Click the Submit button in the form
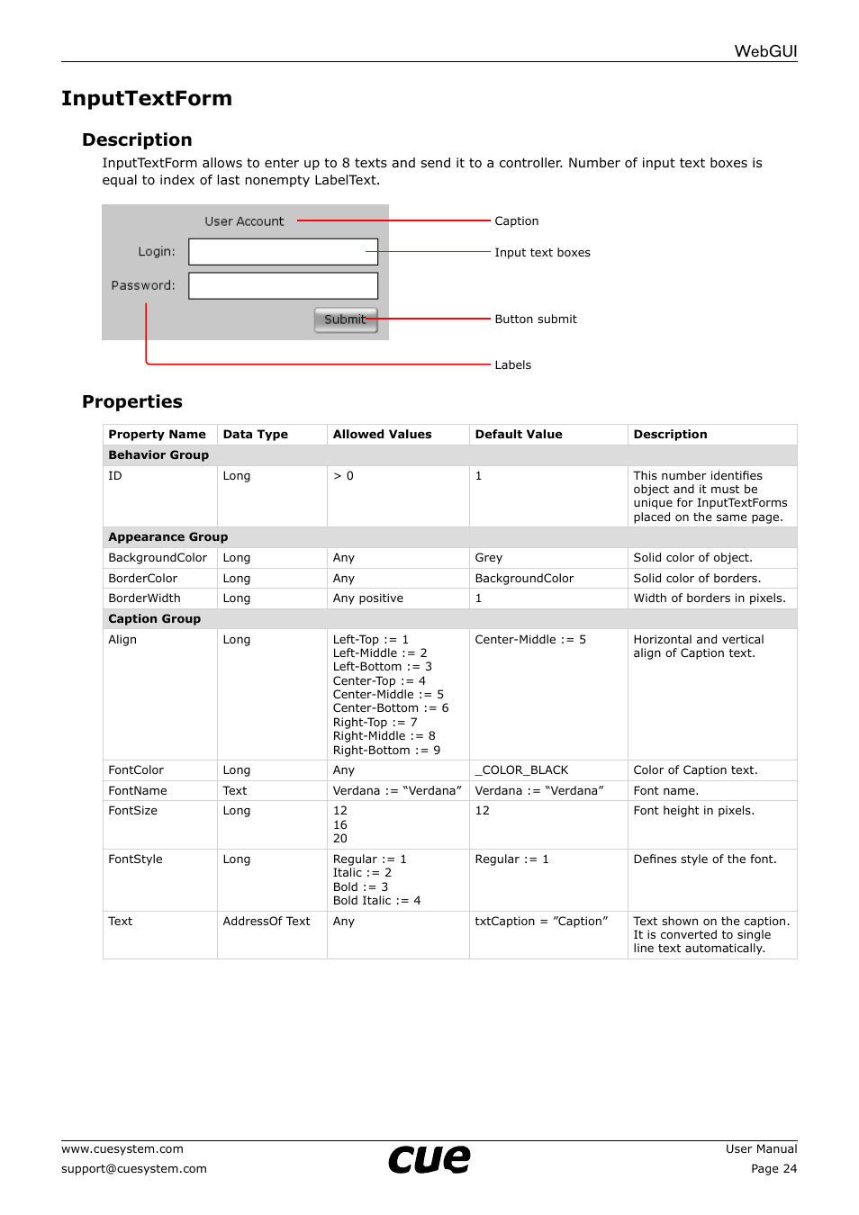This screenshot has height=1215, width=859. [345, 319]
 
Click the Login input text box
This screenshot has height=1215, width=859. [283, 252]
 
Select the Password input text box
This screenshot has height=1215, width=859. [283, 286]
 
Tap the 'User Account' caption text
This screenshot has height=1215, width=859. [244, 221]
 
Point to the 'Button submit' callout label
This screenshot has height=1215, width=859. [536, 319]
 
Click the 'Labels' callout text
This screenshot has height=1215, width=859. [512, 365]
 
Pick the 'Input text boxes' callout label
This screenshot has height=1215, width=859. [542, 253]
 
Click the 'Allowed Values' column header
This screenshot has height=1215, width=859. [382, 435]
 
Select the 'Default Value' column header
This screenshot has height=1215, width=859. [519, 435]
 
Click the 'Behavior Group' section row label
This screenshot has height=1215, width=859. [158, 455]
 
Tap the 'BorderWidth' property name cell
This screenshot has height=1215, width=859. [144, 598]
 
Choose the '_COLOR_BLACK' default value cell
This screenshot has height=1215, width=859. [521, 770]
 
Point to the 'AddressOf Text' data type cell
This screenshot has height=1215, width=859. [267, 922]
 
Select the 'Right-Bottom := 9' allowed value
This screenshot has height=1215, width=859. [386, 751]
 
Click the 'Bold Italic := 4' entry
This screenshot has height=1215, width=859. [376, 901]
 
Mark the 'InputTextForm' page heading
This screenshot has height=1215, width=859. [147, 99]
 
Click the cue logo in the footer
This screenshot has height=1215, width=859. [429, 1159]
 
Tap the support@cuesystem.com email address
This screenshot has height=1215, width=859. [134, 1169]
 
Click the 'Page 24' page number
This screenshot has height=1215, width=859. [773, 1169]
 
